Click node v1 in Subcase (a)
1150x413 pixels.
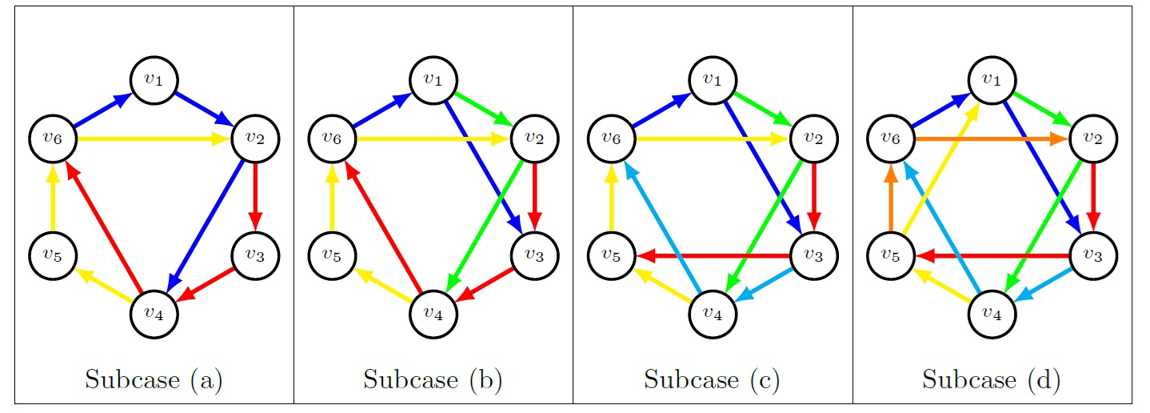point(154,79)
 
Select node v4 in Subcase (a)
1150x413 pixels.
point(154,312)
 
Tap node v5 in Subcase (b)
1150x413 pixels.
point(332,255)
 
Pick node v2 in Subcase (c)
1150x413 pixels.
point(813,138)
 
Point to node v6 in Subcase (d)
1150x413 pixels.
point(892,138)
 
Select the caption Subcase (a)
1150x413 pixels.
point(154,379)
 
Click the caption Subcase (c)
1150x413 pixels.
point(713,379)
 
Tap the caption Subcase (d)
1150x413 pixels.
point(992,379)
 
